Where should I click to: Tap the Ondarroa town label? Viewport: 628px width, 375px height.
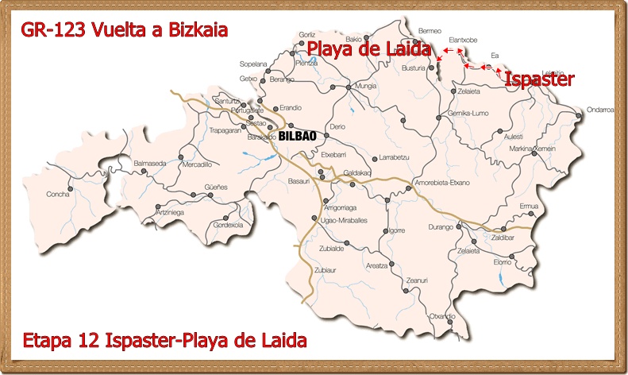click(x=600, y=110)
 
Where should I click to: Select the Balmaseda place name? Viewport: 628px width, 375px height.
click(x=149, y=162)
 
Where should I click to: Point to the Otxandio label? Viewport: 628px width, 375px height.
click(x=442, y=316)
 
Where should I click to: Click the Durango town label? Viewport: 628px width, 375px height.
click(x=440, y=227)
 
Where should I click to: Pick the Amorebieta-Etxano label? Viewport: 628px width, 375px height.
click(x=442, y=183)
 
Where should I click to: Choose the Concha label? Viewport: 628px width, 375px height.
click(x=58, y=194)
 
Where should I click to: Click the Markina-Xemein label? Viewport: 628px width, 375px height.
click(x=532, y=149)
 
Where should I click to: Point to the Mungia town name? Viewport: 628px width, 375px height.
click(x=366, y=85)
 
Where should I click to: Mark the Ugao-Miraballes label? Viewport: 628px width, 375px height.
click(x=343, y=220)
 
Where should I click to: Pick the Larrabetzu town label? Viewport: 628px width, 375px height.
click(x=394, y=157)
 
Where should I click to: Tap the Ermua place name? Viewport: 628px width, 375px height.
click(x=529, y=206)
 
